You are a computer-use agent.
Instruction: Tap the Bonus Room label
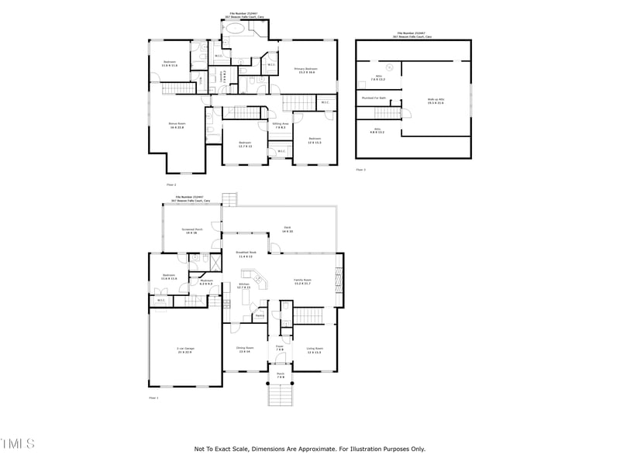coord(177,125)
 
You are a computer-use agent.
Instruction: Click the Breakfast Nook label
coord(245,254)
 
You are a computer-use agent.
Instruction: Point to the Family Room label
coord(302,281)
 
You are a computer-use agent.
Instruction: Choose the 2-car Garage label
coord(185,350)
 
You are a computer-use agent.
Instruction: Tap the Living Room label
coord(314,350)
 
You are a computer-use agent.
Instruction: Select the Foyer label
coord(280,348)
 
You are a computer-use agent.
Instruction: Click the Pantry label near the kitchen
coord(260,315)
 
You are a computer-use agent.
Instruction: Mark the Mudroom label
coord(206,282)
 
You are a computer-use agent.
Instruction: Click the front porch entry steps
coord(280,394)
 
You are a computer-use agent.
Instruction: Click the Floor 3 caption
coord(360,169)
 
